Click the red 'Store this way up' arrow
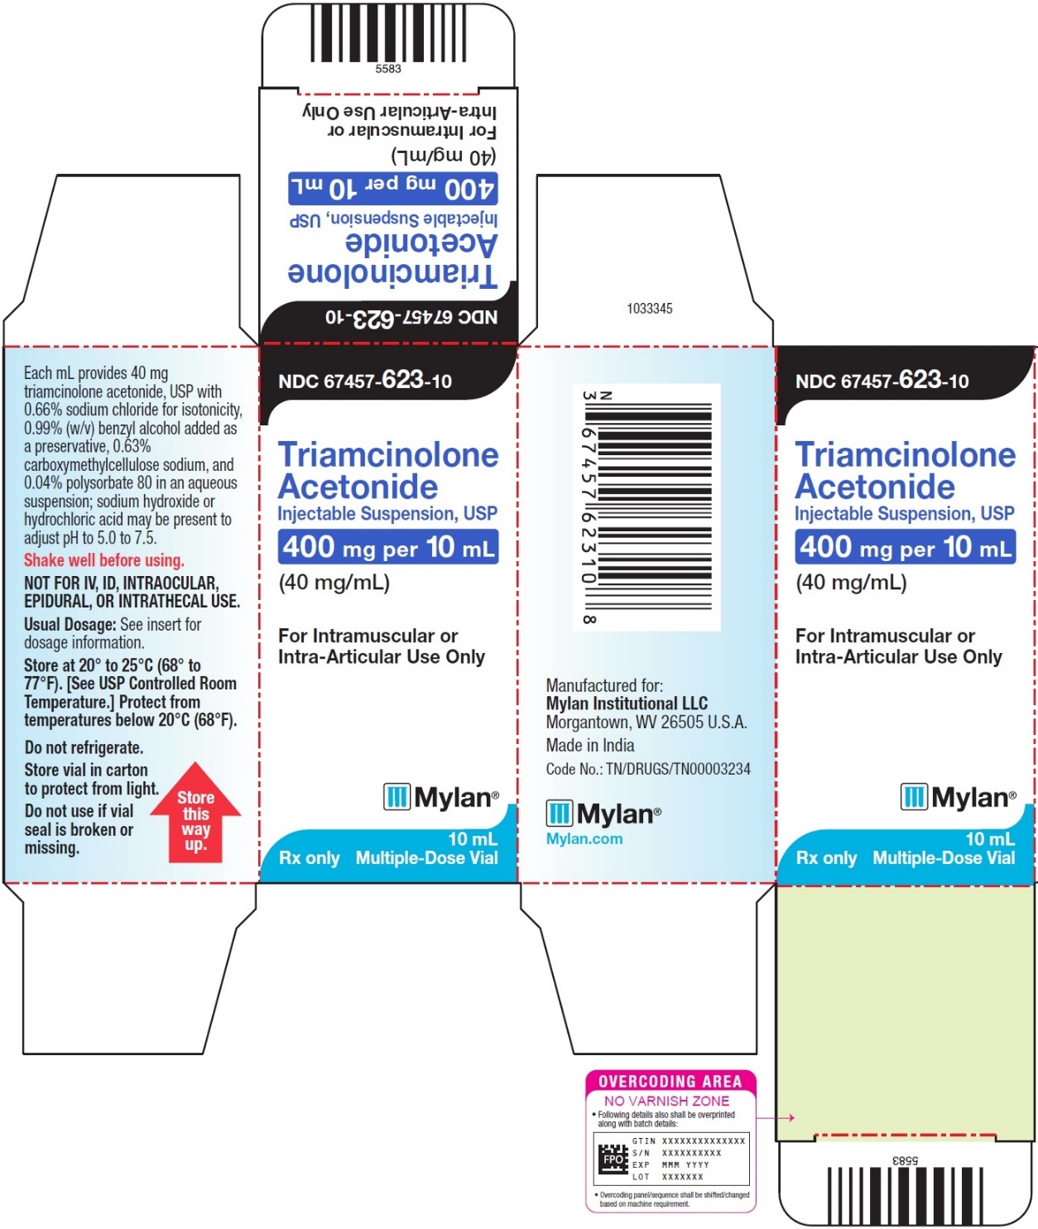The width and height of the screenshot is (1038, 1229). tap(195, 814)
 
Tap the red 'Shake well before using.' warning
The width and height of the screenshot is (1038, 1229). tap(103, 560)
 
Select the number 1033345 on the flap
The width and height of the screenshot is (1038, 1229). tap(650, 309)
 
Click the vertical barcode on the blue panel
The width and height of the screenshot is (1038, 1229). tap(646, 506)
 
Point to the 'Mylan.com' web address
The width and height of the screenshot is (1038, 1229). tap(584, 838)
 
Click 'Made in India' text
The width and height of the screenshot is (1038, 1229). tap(590, 745)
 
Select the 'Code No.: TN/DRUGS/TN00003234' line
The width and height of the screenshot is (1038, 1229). tap(648, 769)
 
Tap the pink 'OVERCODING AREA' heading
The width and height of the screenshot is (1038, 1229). tap(670, 1081)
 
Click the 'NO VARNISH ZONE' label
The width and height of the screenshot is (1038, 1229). tap(666, 1101)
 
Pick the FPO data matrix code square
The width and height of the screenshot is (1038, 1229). tap(613, 1159)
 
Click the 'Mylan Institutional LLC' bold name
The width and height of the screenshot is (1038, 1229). tap(627, 703)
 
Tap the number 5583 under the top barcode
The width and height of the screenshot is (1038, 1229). tap(388, 69)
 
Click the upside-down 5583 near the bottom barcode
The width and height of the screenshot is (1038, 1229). tap(906, 1160)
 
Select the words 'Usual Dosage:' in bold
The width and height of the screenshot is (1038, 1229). tap(70, 625)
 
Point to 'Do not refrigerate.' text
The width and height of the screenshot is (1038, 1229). tap(84, 747)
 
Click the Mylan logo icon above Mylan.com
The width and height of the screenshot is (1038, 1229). tap(559, 814)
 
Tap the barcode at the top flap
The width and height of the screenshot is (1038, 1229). tap(388, 33)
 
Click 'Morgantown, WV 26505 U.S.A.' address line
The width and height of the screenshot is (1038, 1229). tap(646, 722)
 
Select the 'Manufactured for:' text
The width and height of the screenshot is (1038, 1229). tap(604, 685)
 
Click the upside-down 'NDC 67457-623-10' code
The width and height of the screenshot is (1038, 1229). tap(411, 318)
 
